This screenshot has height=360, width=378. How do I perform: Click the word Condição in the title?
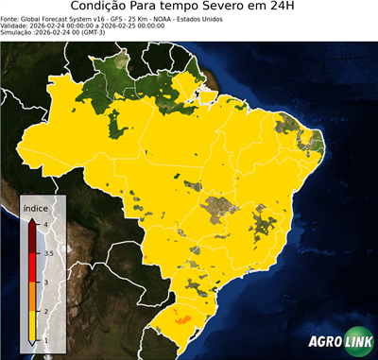pos(106,9)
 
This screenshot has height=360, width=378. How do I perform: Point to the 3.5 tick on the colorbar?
pos(46,253)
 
